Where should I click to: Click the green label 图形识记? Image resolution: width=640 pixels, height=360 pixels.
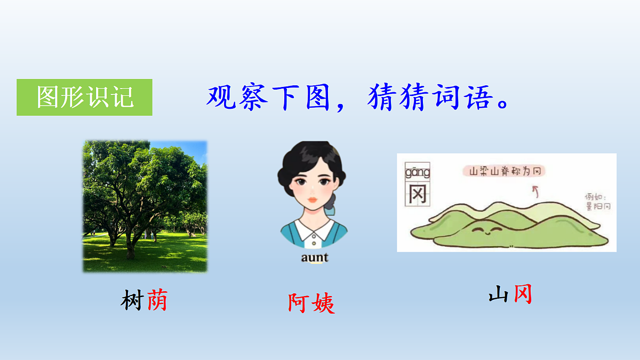click(85, 97)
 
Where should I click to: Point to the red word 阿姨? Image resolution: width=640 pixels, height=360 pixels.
click(311, 303)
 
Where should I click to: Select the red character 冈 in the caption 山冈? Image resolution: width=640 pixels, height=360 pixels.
click(523, 294)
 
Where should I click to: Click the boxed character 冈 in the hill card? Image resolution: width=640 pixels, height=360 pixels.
click(418, 194)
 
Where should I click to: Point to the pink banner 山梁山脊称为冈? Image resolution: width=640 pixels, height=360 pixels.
click(505, 171)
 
